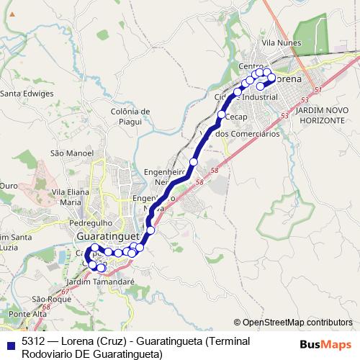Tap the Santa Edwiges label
click(x=27, y=94)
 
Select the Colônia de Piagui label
click(x=130, y=116)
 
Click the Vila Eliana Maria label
click(x=70, y=197)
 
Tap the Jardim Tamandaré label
click(x=100, y=282)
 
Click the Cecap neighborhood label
click(x=236, y=116)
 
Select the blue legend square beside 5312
click(x=9, y=342)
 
